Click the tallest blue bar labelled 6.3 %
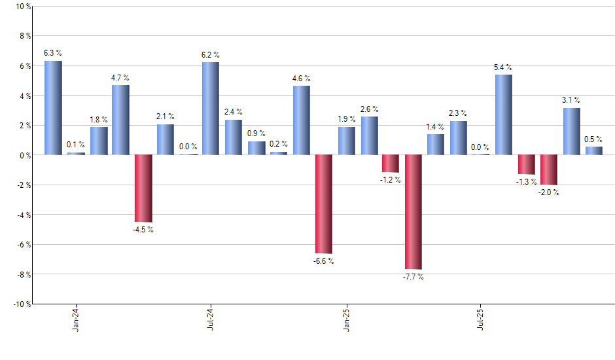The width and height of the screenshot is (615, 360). (x=53, y=108)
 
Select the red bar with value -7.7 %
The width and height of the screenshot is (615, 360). (x=413, y=212)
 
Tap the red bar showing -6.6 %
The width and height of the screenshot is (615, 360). (x=324, y=204)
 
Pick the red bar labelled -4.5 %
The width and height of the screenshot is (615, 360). (x=143, y=189)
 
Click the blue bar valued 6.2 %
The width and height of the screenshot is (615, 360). (x=211, y=109)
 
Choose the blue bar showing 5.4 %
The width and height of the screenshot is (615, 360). (x=504, y=115)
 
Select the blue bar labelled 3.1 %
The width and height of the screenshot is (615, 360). (x=571, y=132)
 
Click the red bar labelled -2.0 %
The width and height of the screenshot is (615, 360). (x=549, y=170)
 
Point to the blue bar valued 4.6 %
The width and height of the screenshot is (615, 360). (x=301, y=120)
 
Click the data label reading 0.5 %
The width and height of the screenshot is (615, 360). (x=593, y=139)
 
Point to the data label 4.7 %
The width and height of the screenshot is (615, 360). (x=120, y=78)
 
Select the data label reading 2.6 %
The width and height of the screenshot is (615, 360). (x=369, y=109)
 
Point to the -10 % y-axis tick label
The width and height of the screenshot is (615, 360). (x=20, y=304)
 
